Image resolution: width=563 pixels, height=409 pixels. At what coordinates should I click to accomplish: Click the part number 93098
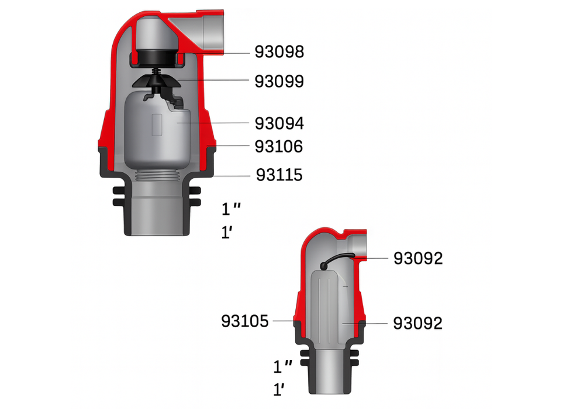tap(279, 53)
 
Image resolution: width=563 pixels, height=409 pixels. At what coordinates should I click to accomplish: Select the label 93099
tap(279, 81)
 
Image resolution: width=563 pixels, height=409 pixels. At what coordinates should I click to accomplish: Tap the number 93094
tap(279, 124)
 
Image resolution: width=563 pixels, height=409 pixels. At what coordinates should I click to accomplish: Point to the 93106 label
tap(279, 146)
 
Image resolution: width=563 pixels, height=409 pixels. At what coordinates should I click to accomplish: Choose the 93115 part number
tap(279, 175)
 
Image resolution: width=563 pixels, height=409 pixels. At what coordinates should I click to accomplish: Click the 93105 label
tap(244, 321)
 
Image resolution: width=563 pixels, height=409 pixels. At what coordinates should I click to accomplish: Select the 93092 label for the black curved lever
tap(417, 258)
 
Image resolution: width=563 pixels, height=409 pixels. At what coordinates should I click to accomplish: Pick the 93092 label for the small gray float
tap(417, 323)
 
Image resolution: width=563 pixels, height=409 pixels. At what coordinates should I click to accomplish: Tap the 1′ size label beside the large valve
tap(228, 233)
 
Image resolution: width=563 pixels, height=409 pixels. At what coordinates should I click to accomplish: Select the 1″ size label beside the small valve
tap(283, 367)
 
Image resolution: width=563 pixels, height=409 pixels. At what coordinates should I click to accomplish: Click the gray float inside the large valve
tap(155, 131)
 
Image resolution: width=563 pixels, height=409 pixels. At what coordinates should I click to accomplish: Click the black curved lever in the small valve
tap(336, 259)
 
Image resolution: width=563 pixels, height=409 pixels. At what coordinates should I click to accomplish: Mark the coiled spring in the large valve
tap(156, 72)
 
